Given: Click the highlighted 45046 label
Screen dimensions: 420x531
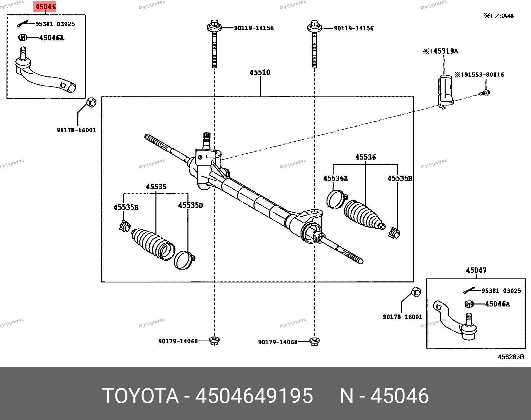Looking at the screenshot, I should pyautogui.click(x=46, y=6).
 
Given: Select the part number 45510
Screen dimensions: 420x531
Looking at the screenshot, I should pyautogui.click(x=260, y=72).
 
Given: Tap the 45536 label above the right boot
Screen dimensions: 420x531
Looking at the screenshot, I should pyautogui.click(x=365, y=157).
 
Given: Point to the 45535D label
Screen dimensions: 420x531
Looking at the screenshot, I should pyautogui.click(x=190, y=205).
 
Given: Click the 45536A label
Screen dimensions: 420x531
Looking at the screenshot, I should pyautogui.click(x=335, y=179).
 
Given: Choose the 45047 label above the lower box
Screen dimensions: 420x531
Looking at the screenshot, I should pyautogui.click(x=476, y=270).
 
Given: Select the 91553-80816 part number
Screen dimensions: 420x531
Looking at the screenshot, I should pyautogui.click(x=482, y=75).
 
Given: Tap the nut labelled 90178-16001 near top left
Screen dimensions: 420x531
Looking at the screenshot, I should pyautogui.click(x=91, y=102).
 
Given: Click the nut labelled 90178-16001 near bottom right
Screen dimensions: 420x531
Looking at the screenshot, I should pyautogui.click(x=415, y=292).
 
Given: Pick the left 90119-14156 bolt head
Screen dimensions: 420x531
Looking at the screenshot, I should pyautogui.click(x=214, y=26).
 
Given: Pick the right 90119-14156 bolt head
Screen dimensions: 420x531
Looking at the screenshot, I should pyautogui.click(x=314, y=26).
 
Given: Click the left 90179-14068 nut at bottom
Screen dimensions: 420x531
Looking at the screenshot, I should pyautogui.click(x=214, y=341).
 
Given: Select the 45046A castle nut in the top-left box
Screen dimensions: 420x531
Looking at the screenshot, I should pyautogui.click(x=22, y=37).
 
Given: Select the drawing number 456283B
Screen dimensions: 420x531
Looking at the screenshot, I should pyautogui.click(x=511, y=357).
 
